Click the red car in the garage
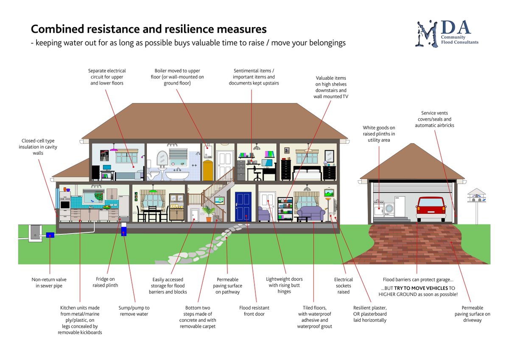431,209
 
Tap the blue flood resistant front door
243,207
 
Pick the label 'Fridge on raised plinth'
105,282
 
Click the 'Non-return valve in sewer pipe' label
49,282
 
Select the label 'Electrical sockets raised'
343,285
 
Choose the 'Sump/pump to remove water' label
134,311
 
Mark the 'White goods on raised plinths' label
379,134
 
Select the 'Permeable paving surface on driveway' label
472,314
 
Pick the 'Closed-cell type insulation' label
37,147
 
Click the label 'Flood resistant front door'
254,311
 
